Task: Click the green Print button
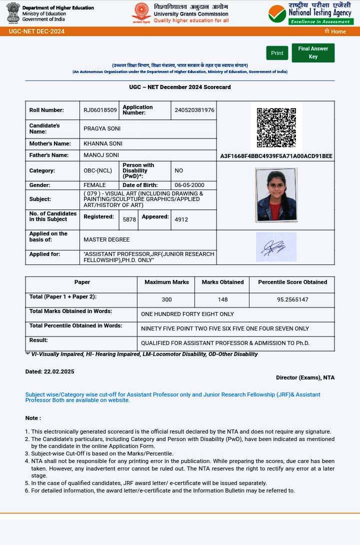[277, 53]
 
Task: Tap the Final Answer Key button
[313, 52]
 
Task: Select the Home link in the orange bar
[335, 31]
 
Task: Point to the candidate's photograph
[276, 194]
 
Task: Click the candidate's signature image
[276, 246]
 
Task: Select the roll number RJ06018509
[100, 110]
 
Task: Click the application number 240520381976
[194, 110]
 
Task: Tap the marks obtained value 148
[222, 299]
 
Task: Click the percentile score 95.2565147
[292, 299]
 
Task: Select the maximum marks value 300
[166, 299]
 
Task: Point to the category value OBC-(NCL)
[97, 170]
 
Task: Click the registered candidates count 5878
[129, 219]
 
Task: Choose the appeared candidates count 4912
[181, 219]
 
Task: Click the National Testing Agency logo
[310, 14]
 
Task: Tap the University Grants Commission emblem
[141, 13]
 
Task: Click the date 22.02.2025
[59, 371]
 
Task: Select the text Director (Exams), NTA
[305, 377]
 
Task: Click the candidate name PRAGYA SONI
[102, 128]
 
